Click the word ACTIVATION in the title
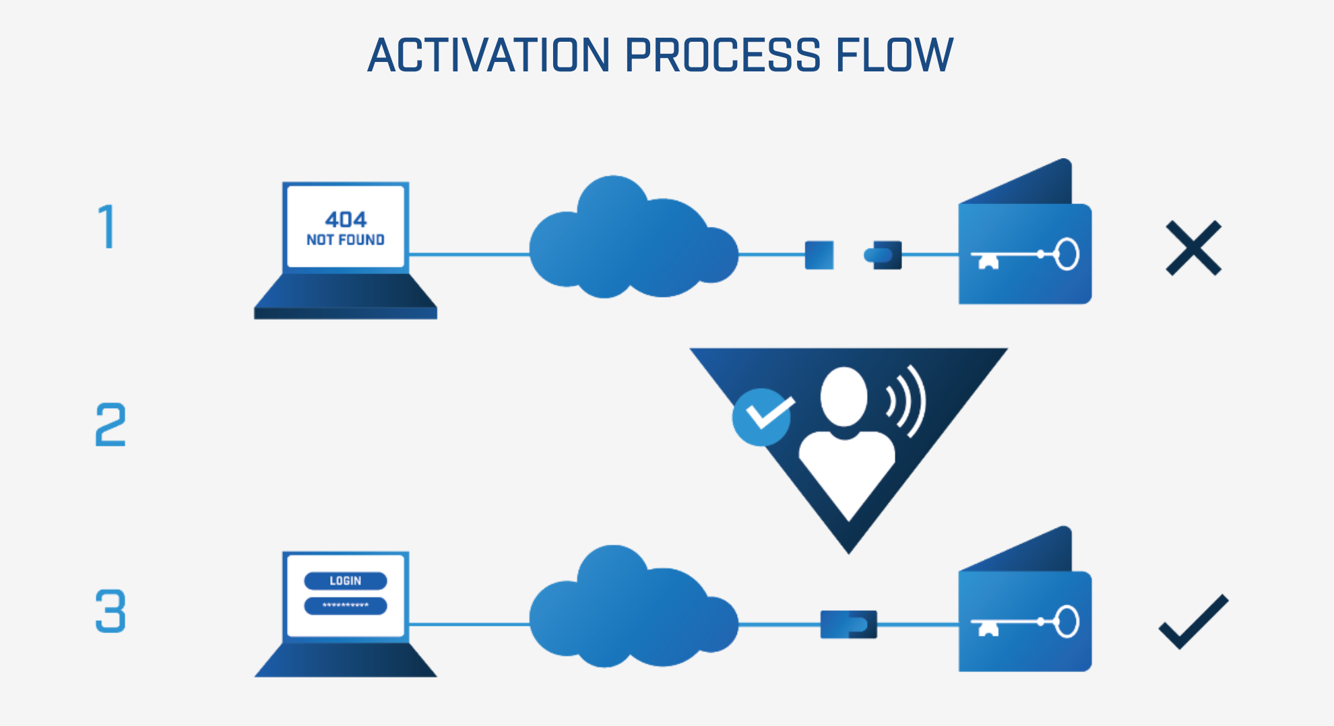pos(489,55)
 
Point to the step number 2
pos(110,425)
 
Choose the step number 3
pos(110,611)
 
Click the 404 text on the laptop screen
pos(346,220)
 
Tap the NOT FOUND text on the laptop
pos(346,240)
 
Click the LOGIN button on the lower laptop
pos(346,581)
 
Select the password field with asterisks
pos(346,605)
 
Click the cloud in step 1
pos(631,242)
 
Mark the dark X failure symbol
pos(1193,248)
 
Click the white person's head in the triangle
pos(844,396)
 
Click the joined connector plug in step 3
pos(849,624)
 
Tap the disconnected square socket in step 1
pos(819,255)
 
